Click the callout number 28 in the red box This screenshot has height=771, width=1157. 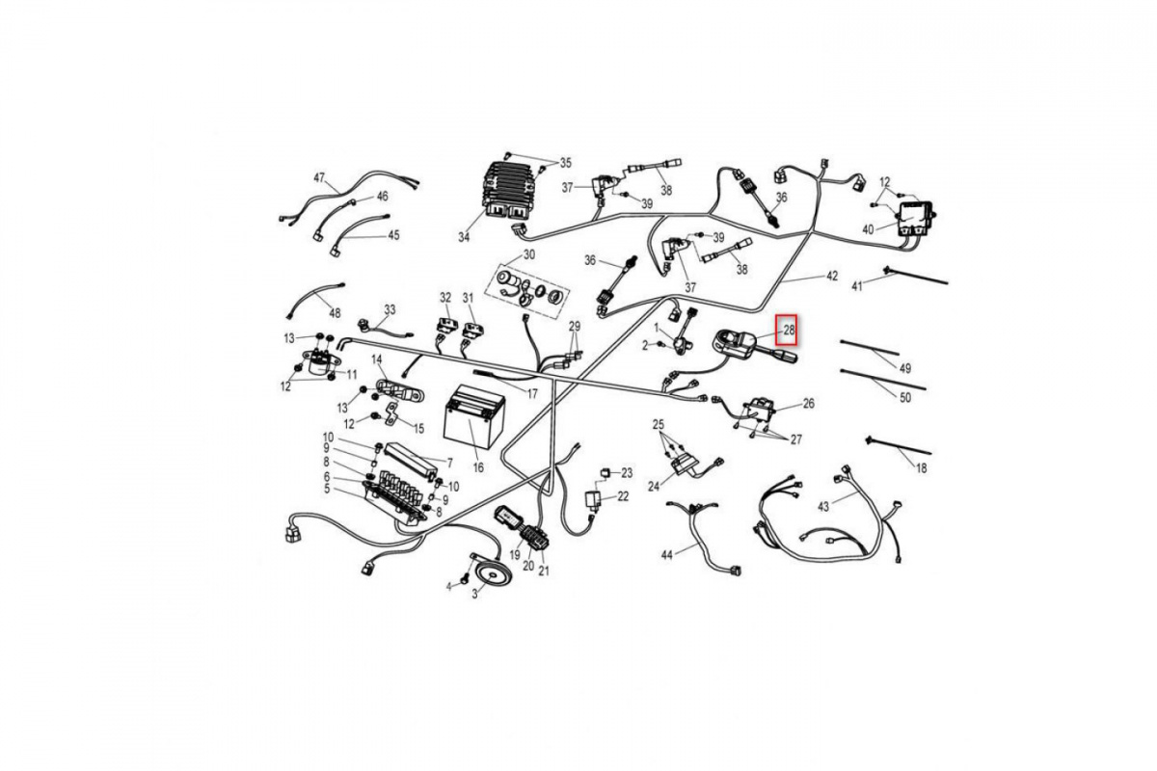[x=789, y=330]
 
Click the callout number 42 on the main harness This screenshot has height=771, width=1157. [x=831, y=277]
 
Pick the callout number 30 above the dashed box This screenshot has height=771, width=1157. [x=529, y=254]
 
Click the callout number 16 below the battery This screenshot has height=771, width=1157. [x=478, y=467]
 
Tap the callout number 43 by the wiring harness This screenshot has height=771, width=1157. [x=823, y=507]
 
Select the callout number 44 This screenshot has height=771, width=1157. [x=667, y=555]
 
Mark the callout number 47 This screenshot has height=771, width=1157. [x=319, y=178]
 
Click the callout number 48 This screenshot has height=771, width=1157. [x=335, y=313]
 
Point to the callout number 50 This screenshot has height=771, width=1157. [x=905, y=398]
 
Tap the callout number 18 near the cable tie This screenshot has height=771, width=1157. [x=921, y=467]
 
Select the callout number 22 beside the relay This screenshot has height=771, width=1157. [x=624, y=496]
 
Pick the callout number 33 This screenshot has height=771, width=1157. [x=390, y=309]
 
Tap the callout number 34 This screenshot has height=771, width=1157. [x=464, y=237]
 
